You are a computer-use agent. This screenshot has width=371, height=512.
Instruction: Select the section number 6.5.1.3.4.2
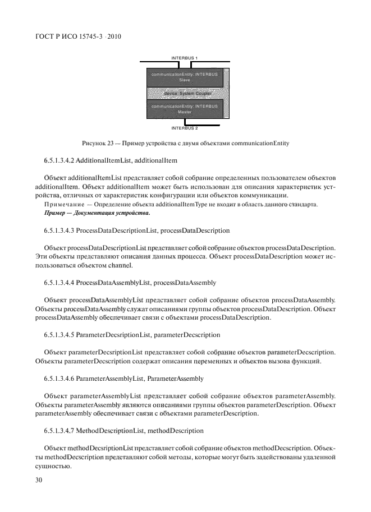point(58,161)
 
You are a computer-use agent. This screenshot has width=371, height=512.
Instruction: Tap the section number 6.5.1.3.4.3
point(58,231)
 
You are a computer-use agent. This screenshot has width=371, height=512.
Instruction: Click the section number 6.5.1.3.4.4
point(58,282)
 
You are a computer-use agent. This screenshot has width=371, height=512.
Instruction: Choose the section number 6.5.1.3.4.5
point(58,334)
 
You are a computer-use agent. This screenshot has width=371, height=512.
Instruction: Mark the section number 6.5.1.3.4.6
point(58,379)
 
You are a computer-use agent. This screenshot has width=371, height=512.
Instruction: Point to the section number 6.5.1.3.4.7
point(58,430)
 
